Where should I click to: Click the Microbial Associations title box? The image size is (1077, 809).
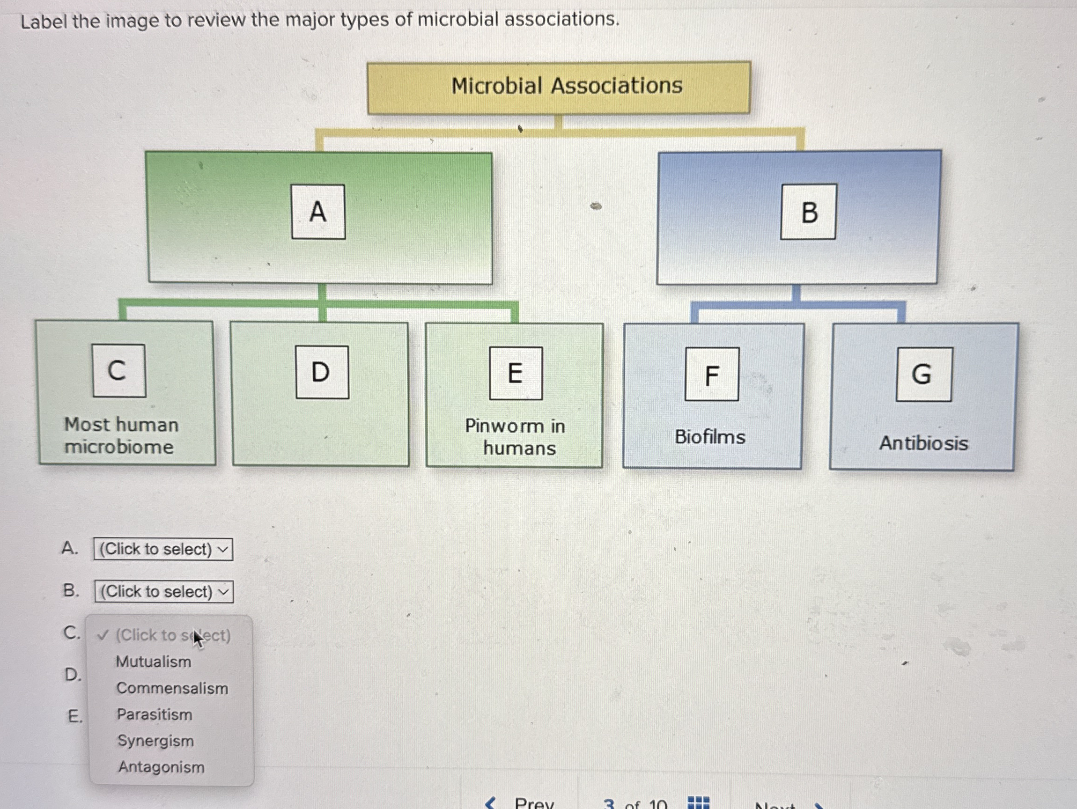(559, 87)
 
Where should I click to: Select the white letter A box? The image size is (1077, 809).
(318, 212)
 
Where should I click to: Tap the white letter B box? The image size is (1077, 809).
(808, 212)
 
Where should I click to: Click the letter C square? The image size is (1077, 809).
(119, 370)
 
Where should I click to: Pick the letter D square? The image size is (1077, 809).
(322, 372)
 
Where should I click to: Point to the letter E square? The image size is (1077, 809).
(516, 373)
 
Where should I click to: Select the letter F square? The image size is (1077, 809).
(711, 375)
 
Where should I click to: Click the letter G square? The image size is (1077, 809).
(923, 375)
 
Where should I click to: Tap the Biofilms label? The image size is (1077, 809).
(710, 437)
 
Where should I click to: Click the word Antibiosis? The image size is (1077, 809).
(923, 443)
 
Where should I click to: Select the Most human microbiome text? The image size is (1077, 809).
(121, 435)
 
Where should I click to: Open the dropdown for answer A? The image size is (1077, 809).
(163, 549)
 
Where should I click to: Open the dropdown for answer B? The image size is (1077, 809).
(164, 591)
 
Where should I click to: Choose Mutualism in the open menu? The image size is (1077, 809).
(154, 662)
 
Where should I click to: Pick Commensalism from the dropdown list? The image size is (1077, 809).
(172, 688)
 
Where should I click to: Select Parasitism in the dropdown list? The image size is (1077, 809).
(155, 714)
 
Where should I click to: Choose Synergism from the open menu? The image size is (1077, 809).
(155, 741)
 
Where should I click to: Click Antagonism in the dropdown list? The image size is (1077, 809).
(161, 767)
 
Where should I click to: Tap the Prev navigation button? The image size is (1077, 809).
(521, 802)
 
